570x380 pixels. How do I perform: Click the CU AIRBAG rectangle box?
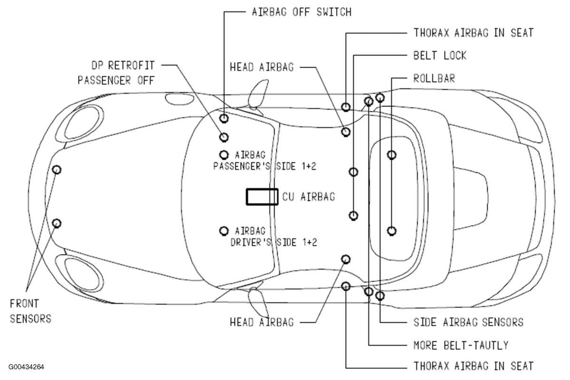click(x=262, y=196)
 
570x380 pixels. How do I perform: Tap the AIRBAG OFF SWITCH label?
click(x=301, y=12)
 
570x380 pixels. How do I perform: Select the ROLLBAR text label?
click(x=434, y=78)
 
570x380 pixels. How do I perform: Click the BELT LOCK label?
click(x=440, y=55)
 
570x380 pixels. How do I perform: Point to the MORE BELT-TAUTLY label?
click(x=461, y=345)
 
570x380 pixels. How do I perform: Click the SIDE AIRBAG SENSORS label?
click(x=468, y=322)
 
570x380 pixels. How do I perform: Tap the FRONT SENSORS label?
click(x=30, y=311)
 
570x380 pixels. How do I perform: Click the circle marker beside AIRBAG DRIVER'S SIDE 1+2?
click(x=224, y=231)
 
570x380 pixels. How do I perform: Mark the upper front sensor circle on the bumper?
click(x=57, y=169)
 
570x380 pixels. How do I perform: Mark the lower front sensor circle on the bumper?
click(x=57, y=223)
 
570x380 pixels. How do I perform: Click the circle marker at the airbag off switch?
click(x=224, y=117)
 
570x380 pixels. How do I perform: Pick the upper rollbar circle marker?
click(x=392, y=155)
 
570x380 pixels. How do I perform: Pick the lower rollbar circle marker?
click(x=392, y=231)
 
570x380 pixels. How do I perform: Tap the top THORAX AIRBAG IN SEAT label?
click(x=473, y=33)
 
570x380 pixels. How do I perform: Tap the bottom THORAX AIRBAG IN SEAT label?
click(x=473, y=366)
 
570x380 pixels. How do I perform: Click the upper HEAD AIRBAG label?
click(x=261, y=67)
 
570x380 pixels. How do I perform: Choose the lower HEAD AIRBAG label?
click(x=261, y=322)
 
